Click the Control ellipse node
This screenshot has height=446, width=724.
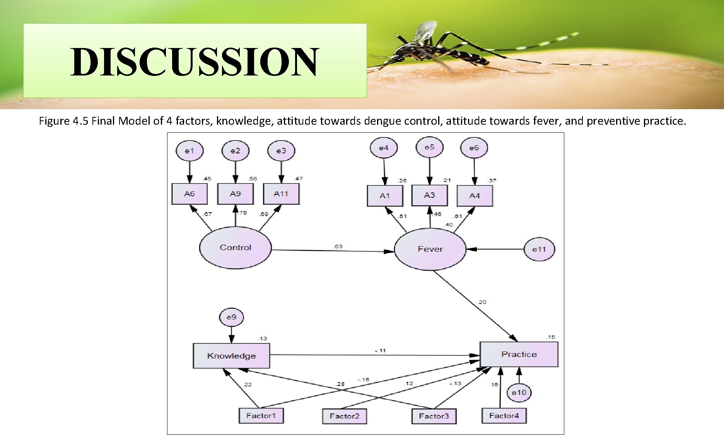click(x=235, y=247)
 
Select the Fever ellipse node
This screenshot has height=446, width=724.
click(x=430, y=249)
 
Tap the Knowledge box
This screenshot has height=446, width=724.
click(x=231, y=355)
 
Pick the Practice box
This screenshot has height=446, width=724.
click(x=519, y=354)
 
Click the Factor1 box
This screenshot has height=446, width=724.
click(x=261, y=416)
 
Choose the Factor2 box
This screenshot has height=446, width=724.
click(x=344, y=416)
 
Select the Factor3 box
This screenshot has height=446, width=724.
click(x=434, y=416)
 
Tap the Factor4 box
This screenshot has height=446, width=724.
click(x=504, y=416)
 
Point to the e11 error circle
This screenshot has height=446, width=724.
click(x=539, y=249)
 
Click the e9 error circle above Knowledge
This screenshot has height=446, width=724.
click(x=231, y=317)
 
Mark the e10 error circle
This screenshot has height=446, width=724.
click(x=519, y=393)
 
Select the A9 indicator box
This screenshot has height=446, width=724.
click(x=235, y=194)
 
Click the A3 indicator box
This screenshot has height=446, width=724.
click(x=429, y=195)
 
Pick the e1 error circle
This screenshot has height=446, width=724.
click(x=189, y=151)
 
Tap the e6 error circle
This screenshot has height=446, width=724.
click(x=474, y=148)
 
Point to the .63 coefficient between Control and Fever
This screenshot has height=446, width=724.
click(x=338, y=246)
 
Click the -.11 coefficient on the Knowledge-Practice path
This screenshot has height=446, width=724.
click(x=380, y=350)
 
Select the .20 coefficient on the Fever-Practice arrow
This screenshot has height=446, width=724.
click(x=482, y=302)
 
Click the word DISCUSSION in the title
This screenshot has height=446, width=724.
click(x=195, y=62)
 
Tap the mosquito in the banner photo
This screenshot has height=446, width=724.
click(x=437, y=50)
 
